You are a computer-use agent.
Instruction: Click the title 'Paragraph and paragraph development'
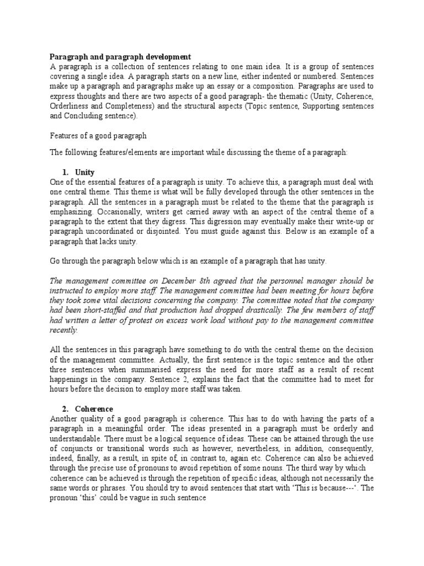(121, 57)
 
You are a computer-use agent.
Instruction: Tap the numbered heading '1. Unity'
(81, 172)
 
